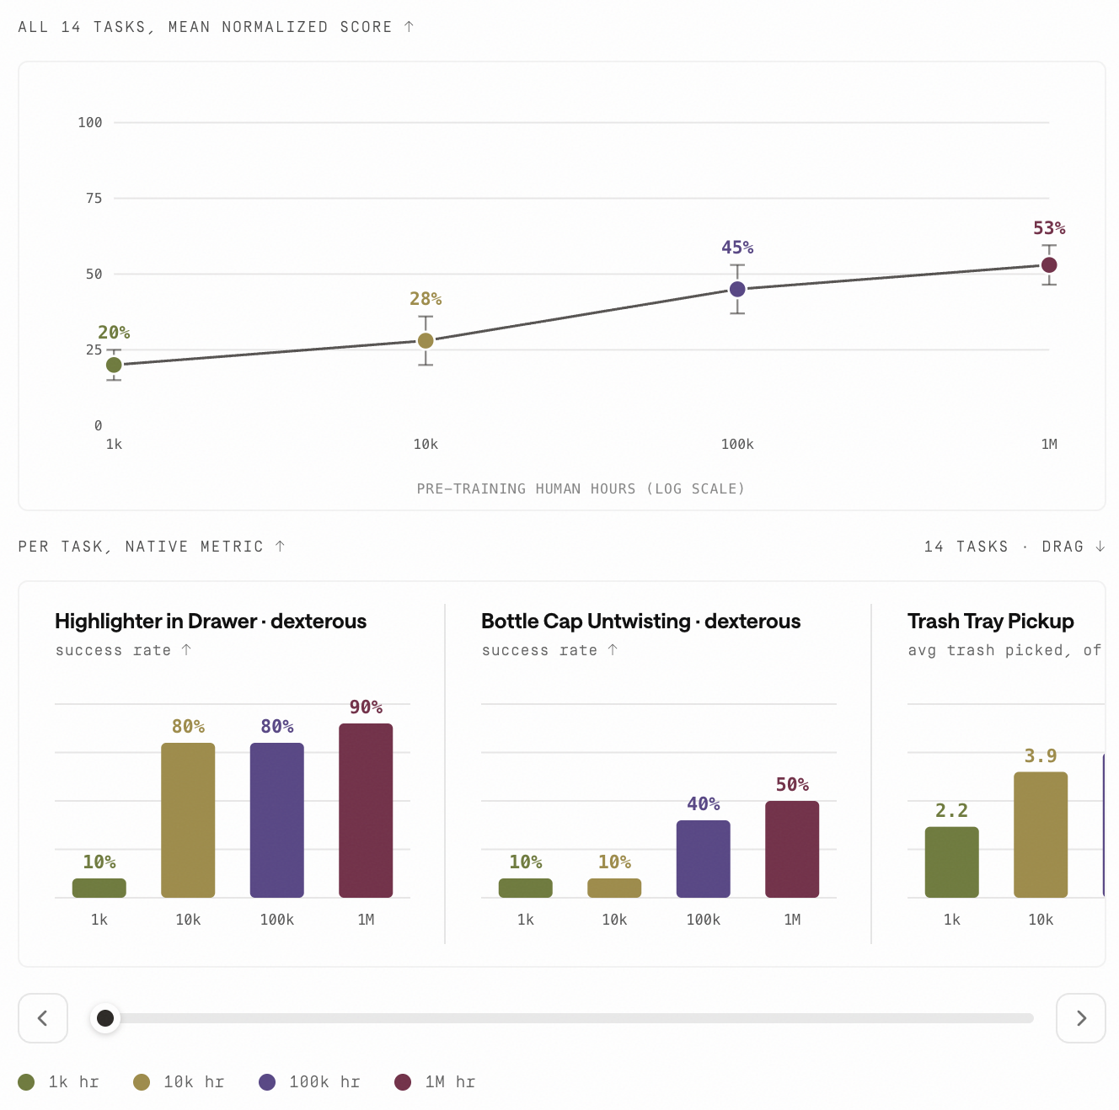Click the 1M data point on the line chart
click(x=1049, y=265)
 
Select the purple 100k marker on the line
click(x=737, y=289)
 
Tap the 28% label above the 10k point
click(x=425, y=299)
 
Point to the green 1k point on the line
click(x=114, y=365)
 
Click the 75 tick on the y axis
click(x=94, y=199)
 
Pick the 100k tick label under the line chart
click(x=737, y=444)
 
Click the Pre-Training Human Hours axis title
click(x=580, y=488)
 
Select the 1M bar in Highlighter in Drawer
click(x=365, y=810)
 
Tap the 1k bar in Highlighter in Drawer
click(x=99, y=888)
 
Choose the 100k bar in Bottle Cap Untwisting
click(x=704, y=859)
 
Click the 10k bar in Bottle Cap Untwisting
click(x=614, y=888)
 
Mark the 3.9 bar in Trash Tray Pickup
click(x=1040, y=835)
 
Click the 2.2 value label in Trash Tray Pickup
click(x=951, y=810)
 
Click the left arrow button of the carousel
click(x=43, y=1017)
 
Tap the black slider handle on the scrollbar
click(x=105, y=1017)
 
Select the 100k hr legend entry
click(x=309, y=1081)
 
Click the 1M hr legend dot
click(x=403, y=1081)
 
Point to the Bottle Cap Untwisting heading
click(x=640, y=622)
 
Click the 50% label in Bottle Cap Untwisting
click(x=792, y=784)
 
